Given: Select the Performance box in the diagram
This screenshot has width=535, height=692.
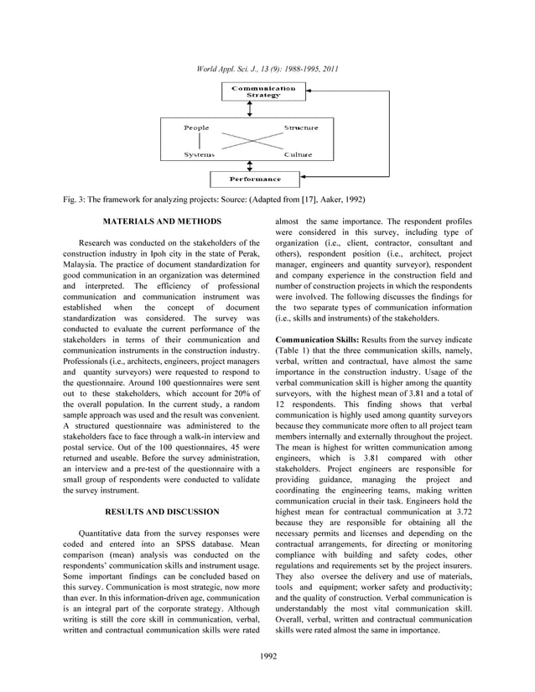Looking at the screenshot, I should [x=256, y=179].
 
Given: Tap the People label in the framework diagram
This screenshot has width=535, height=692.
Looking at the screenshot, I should [x=197, y=127].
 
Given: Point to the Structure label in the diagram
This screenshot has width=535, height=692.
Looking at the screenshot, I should [x=301, y=127].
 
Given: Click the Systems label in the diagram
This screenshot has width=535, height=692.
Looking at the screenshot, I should [x=200, y=155].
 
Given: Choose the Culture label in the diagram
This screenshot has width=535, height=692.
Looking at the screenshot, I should [x=298, y=155].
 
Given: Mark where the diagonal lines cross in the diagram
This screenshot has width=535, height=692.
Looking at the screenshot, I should [x=249, y=141].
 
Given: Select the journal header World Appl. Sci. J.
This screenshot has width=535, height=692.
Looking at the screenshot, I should [x=267, y=68].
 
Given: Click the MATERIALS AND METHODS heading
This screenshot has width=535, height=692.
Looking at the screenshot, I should [x=161, y=221].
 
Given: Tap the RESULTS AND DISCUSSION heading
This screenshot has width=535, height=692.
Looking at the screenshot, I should [x=161, y=511].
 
